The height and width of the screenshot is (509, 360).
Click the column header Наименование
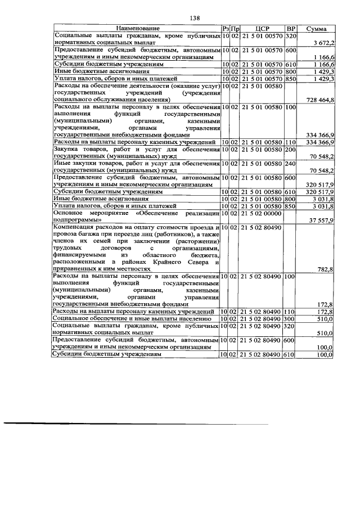(x=138, y=28)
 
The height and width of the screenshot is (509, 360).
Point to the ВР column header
(x=291, y=28)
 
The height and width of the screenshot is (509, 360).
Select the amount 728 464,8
(x=319, y=100)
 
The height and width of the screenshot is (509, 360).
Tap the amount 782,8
(x=326, y=269)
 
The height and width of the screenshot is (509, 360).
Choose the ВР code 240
(x=291, y=163)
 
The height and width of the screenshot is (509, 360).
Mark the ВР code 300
(x=291, y=318)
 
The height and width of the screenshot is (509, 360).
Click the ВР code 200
(x=291, y=149)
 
